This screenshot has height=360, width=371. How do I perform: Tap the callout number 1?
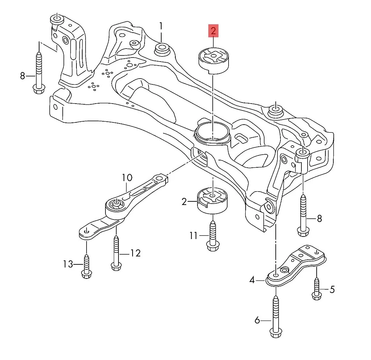161,26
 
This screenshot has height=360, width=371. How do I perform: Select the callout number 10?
127,178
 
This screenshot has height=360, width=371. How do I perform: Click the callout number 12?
135,253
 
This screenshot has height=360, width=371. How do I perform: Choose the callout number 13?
68,264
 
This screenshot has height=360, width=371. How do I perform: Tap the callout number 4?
252,280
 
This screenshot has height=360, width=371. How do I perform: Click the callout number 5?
332,289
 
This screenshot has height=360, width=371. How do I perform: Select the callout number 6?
257,320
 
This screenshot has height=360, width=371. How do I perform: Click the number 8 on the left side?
22,76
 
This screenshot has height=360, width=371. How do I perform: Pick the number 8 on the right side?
319,218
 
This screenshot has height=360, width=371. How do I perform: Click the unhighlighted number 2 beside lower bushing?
184,202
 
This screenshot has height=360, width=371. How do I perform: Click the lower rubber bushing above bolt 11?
212,201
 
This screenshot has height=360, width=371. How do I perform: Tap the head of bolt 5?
316,296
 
